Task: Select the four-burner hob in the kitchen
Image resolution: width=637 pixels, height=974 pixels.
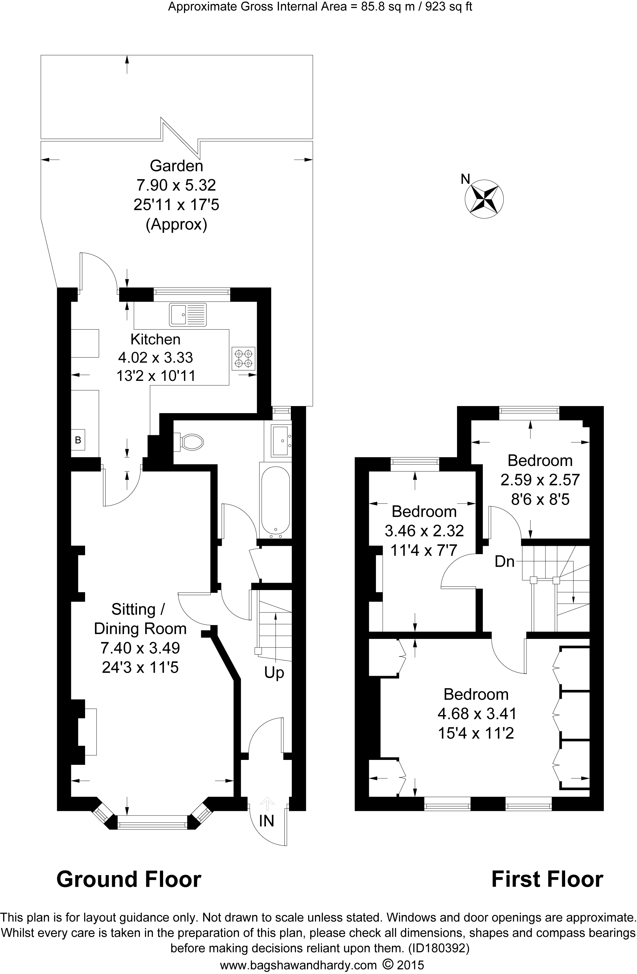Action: tap(244, 358)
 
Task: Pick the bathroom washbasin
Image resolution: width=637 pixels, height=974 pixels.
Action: tap(281, 440)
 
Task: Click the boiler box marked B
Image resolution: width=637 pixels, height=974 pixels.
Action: tap(78, 440)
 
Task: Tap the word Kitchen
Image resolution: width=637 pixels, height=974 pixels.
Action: tap(155, 339)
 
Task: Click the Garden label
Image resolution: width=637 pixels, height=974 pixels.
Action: tap(176, 166)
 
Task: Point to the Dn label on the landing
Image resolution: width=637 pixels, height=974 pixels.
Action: tap(504, 561)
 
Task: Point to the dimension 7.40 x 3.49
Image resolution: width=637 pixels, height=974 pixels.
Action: tap(140, 648)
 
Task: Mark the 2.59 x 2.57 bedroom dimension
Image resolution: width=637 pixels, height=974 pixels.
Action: tap(540, 480)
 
